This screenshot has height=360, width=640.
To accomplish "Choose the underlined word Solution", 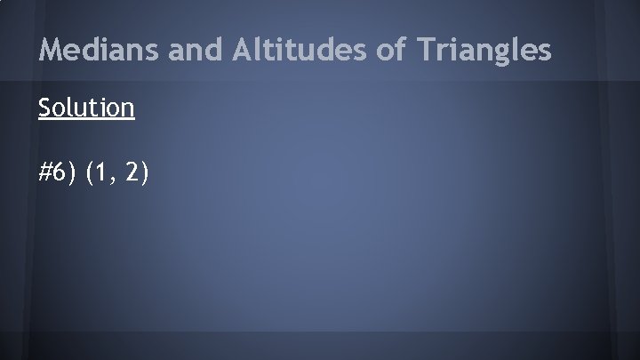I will click(86, 108).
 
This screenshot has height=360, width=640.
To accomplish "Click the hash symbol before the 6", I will click(46, 173).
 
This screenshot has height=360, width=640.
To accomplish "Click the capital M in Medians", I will click(51, 51).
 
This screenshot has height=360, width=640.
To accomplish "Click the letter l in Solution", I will click(67, 108).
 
